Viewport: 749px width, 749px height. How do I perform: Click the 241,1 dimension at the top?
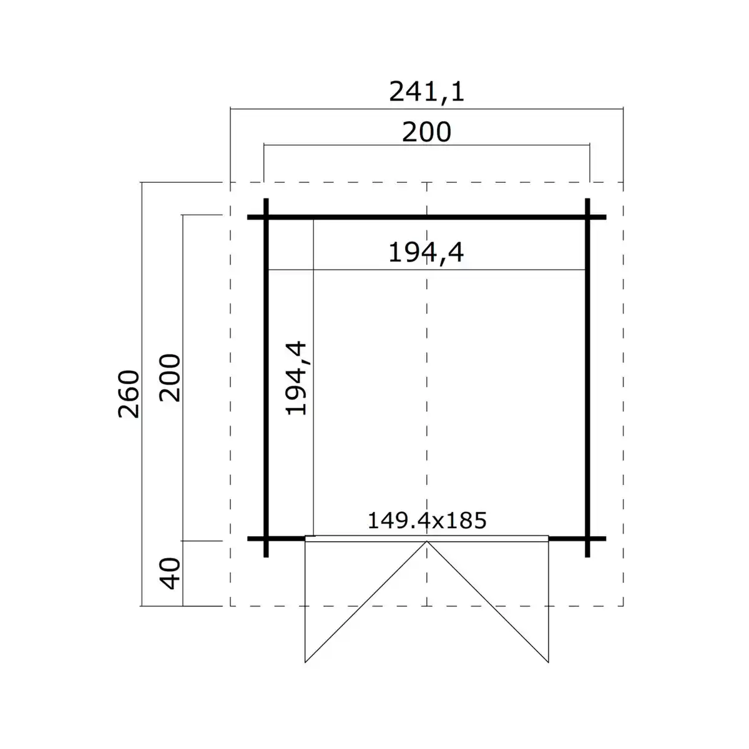(x=427, y=92)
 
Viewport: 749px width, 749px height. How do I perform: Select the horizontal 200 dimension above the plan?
(x=426, y=132)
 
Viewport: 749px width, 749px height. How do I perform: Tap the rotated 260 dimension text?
(x=129, y=394)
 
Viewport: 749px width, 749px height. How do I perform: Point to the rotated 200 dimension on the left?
(x=170, y=378)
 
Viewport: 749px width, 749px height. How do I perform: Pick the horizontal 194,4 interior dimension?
(x=426, y=253)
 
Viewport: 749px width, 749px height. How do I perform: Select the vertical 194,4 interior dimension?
(x=296, y=378)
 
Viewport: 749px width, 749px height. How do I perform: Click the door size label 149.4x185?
(x=426, y=520)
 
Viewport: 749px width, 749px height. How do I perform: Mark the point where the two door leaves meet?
(x=427, y=542)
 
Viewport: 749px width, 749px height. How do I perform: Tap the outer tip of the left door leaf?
(x=305, y=662)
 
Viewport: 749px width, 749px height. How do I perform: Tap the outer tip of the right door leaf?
(x=548, y=662)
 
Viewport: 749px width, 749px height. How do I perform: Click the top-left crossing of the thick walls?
(x=267, y=217)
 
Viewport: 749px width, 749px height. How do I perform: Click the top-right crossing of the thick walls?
(x=587, y=217)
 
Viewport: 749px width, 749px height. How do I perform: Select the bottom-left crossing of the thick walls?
(x=267, y=538)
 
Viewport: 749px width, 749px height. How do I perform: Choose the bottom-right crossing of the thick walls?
(x=587, y=538)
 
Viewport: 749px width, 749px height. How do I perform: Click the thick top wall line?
(x=374, y=217)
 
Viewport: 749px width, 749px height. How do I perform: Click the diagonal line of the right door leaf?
(x=487, y=602)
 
